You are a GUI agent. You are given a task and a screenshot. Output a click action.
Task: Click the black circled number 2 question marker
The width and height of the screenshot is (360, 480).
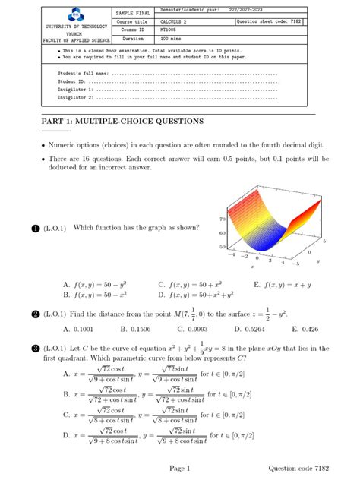(35, 314)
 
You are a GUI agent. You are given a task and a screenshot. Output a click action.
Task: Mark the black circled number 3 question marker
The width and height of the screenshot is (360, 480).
(35, 349)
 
